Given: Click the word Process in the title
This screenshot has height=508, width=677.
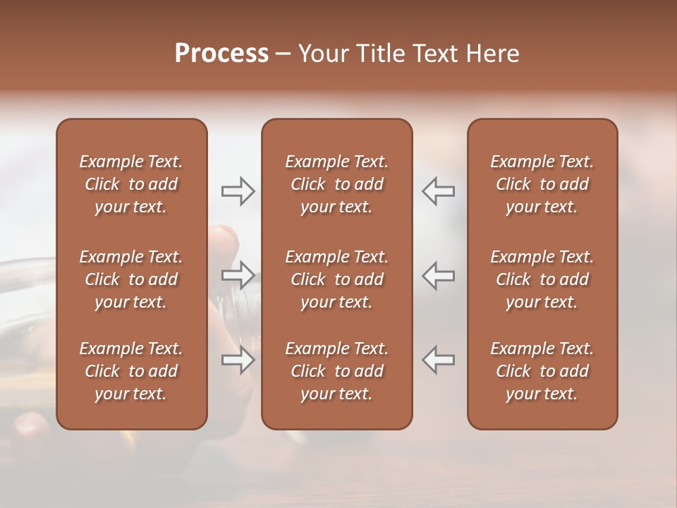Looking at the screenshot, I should (221, 54).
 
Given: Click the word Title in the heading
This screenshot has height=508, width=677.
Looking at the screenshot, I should (380, 54).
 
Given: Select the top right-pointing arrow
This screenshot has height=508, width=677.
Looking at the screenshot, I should (238, 191).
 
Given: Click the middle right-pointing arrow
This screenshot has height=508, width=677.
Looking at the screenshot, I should (238, 275).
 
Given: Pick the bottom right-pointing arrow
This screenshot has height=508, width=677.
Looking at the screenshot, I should (238, 360).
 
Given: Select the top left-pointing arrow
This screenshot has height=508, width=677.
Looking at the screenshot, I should (438, 191).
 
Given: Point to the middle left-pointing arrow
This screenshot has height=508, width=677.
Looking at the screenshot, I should (438, 275).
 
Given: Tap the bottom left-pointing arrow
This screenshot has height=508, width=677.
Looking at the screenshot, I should (438, 360).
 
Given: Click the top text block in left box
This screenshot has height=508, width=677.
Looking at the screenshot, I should (131, 184).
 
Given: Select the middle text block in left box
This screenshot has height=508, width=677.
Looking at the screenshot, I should (131, 279).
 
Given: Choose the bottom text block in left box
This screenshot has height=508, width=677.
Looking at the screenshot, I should (131, 371).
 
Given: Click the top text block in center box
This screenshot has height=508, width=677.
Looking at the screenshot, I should (336, 184).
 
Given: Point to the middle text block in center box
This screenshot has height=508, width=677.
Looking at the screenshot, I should (336, 279).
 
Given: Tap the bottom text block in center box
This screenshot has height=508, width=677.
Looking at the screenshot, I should (336, 371).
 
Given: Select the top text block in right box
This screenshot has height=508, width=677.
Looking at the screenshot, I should (542, 184).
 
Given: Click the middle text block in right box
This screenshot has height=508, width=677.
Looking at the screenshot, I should (542, 279).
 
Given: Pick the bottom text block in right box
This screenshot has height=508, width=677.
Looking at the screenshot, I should (542, 371).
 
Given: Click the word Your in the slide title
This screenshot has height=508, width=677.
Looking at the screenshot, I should (325, 54).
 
